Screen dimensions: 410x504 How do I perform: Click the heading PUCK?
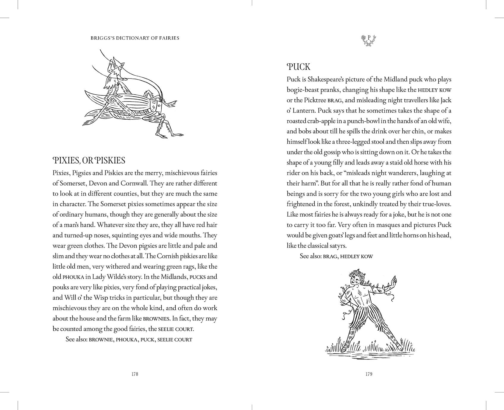click(298, 67)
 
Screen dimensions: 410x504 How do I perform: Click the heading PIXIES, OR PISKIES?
click(89, 161)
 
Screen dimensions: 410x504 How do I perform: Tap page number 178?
click(135, 374)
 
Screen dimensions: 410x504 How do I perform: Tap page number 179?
click(369, 374)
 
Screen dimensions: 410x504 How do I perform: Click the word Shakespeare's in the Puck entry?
click(325, 79)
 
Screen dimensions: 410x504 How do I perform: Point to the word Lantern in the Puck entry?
click(303, 111)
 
